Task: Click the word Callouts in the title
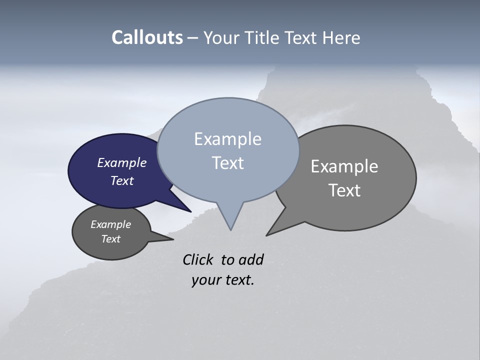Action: (x=147, y=38)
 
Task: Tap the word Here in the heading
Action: (x=340, y=38)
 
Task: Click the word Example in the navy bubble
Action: (x=121, y=162)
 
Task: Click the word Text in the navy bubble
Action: (x=121, y=180)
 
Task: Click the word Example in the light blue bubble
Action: (x=227, y=139)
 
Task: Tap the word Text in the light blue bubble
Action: (x=227, y=163)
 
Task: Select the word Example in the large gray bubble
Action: (x=344, y=166)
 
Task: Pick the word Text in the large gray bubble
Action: (x=344, y=190)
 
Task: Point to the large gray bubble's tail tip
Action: (x=267, y=235)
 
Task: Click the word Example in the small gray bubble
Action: (x=110, y=224)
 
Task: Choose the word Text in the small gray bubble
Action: (x=110, y=239)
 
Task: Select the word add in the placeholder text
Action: (x=251, y=259)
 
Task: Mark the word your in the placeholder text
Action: (x=205, y=280)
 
